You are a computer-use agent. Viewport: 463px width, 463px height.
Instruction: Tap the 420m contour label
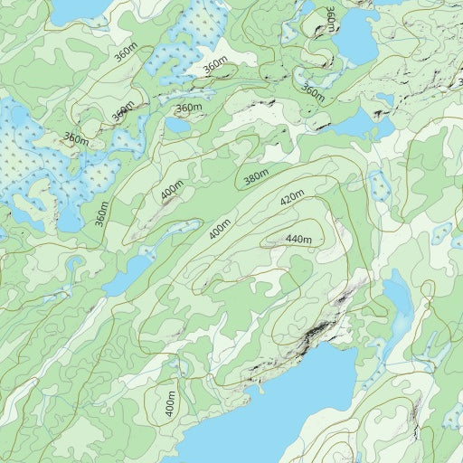click(x=292, y=198)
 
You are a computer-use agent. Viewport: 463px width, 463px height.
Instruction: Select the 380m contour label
click(x=257, y=179)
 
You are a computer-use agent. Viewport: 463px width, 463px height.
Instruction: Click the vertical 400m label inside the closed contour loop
click(x=169, y=402)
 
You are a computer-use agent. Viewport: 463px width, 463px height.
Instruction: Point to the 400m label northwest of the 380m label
click(x=172, y=191)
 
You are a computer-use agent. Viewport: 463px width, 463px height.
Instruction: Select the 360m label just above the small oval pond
click(x=188, y=109)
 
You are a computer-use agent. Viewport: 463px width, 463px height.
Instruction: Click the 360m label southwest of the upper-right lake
click(x=313, y=92)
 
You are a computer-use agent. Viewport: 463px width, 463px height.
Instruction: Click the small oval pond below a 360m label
click(x=178, y=125)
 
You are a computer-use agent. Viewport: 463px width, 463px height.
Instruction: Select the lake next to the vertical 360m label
click(x=357, y=36)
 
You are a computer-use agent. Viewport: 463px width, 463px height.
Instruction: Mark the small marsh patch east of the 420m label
click(x=378, y=185)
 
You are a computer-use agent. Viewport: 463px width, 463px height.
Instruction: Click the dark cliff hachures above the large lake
click(x=312, y=335)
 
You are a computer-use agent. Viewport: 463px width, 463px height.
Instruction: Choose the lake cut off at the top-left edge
click(x=77, y=9)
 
